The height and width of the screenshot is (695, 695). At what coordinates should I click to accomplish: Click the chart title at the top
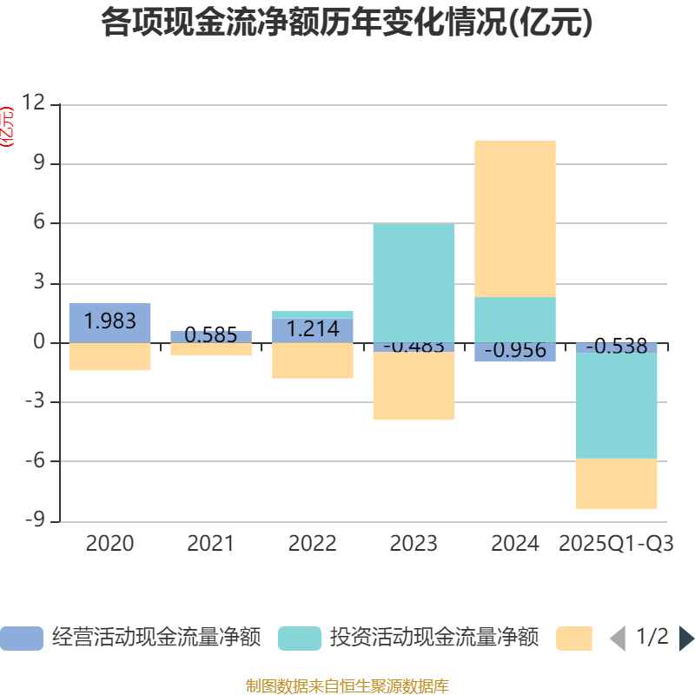(x=347, y=22)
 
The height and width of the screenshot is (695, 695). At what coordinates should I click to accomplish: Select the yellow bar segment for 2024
(x=515, y=218)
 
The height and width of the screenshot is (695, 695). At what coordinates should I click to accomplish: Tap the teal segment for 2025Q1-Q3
(x=617, y=406)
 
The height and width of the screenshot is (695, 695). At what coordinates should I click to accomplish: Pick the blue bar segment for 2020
(x=110, y=322)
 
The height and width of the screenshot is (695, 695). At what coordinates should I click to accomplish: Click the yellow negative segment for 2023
(x=414, y=387)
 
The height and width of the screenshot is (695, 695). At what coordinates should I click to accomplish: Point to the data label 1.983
(x=110, y=321)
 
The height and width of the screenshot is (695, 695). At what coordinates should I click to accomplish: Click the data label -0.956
(x=515, y=351)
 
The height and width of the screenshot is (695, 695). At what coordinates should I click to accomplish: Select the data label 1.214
(x=313, y=329)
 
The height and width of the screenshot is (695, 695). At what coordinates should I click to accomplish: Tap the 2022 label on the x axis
(x=313, y=544)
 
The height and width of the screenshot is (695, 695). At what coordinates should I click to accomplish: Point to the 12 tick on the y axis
(x=33, y=103)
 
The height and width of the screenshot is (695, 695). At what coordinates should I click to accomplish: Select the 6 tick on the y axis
(x=38, y=223)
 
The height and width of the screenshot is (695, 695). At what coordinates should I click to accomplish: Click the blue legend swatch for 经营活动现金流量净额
(x=22, y=639)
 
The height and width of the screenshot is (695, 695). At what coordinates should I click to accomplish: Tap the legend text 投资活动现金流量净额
(x=434, y=639)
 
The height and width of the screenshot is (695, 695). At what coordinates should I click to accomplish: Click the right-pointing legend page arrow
(x=686, y=639)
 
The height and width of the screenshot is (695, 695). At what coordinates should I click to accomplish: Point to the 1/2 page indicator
(x=652, y=638)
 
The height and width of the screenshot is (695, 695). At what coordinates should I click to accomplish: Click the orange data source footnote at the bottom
(x=347, y=685)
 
